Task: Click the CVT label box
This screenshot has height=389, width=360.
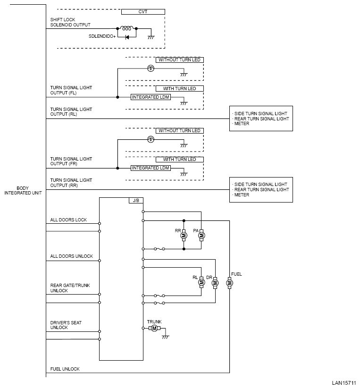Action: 143,12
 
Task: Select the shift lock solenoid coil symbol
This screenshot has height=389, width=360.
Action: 127,28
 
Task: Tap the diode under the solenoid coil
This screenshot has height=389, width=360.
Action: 127,36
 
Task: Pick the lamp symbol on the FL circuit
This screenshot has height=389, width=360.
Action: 151,68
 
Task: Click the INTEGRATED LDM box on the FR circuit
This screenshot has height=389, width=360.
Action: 151,168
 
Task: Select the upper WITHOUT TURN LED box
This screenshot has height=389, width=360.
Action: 179,60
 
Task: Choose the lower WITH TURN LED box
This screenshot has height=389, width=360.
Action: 179,160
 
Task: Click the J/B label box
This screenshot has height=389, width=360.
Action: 136,201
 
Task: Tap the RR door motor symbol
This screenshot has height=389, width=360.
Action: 184,235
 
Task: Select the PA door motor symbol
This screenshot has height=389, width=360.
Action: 201,235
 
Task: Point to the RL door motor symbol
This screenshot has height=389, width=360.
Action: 201,282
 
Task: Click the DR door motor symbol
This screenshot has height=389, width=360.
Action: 215,283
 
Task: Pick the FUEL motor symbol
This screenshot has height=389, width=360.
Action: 230,283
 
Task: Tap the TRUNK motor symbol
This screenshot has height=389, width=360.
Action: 154,328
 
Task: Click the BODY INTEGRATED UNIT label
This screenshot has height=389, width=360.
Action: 23,191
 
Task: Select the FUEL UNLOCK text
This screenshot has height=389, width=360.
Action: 65,369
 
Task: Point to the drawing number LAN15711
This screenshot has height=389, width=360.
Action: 343,383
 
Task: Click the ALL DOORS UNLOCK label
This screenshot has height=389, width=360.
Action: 72,256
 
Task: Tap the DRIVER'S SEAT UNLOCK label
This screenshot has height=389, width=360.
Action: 66,325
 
